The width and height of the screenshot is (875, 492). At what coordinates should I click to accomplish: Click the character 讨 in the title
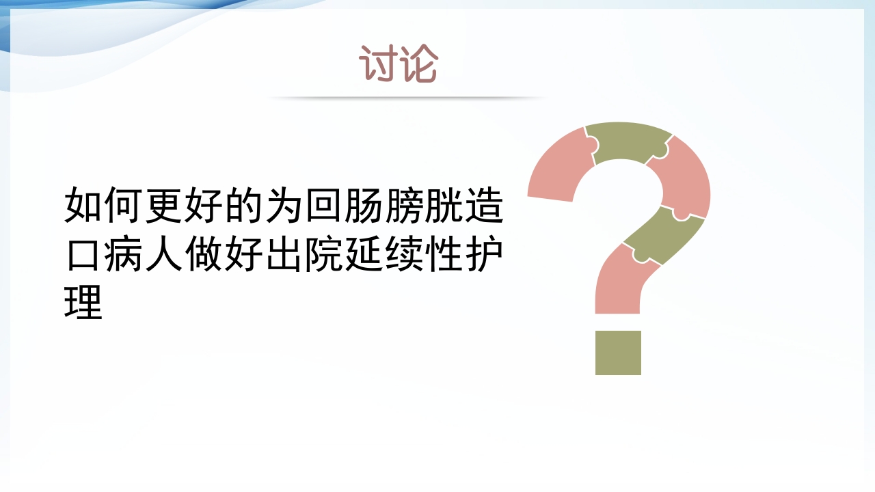378,65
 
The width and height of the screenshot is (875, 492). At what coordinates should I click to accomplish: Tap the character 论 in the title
418,65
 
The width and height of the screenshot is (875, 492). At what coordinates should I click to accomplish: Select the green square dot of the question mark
618,353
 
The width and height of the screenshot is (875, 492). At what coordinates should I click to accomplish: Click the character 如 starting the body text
83,205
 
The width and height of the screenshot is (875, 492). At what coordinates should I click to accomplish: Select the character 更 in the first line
164,205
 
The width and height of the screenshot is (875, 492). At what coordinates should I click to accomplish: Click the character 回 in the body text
325,205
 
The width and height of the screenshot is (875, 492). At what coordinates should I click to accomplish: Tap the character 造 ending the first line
485,205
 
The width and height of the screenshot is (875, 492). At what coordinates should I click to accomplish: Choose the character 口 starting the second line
83,254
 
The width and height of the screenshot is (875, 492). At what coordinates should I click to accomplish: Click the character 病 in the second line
124,254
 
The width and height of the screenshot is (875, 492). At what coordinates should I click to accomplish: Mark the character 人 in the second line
164,254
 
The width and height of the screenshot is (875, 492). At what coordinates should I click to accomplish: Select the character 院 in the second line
325,254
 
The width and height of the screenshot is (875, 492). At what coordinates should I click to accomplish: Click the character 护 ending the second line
485,254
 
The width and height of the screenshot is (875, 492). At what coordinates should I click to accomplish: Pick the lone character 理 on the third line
83,301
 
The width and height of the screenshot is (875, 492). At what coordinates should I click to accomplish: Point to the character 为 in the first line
284,205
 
